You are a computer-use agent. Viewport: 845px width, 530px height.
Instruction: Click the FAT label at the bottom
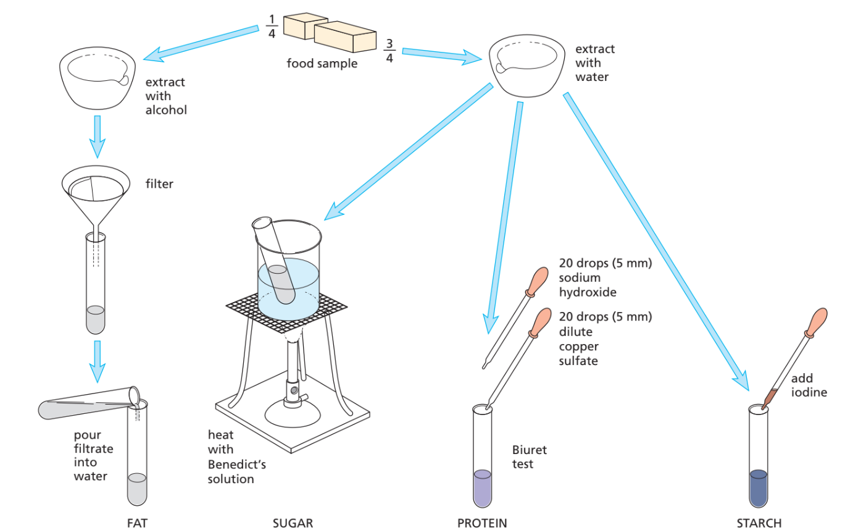tap(137, 523)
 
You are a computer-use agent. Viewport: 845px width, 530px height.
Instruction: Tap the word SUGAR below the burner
tap(293, 523)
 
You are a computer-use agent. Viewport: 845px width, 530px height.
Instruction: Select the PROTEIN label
tap(482, 523)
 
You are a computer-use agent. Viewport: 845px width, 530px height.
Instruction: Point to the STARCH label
tap(759, 523)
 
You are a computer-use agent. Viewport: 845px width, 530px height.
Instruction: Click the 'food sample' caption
tap(322, 63)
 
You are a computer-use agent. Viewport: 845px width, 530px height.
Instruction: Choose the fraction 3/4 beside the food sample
tap(389, 51)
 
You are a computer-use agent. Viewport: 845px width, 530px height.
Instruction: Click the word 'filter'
tap(159, 183)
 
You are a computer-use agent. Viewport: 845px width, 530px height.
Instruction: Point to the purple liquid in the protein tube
tap(482, 488)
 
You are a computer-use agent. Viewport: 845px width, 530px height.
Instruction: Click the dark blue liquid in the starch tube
tap(758, 488)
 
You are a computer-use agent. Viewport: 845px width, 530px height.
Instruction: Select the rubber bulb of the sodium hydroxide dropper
tap(538, 279)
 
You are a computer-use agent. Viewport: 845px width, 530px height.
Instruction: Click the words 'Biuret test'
tap(529, 456)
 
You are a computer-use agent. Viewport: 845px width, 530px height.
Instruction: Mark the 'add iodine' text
tap(809, 385)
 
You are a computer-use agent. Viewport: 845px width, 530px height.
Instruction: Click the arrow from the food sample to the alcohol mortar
tap(201, 43)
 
